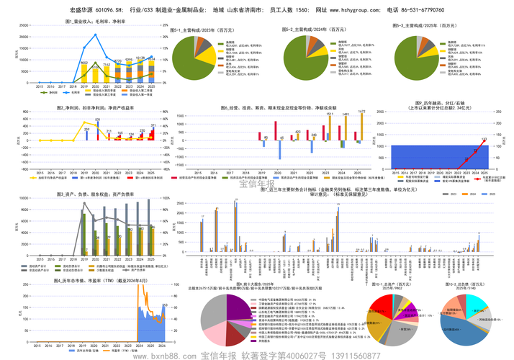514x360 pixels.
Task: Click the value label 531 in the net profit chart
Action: [97, 120]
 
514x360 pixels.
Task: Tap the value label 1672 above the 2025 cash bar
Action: [361, 112]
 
